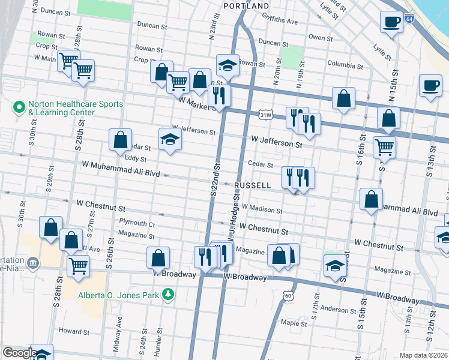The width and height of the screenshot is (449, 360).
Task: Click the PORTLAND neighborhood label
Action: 246,6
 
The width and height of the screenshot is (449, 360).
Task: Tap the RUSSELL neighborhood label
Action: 253,185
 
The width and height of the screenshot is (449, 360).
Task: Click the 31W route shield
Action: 266,114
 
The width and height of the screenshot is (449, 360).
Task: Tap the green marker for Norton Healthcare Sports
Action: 19,108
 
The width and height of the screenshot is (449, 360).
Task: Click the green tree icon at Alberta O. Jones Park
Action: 170,293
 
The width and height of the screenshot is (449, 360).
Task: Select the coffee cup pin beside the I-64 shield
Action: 391,22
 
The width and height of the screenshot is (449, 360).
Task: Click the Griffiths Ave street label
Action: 282,21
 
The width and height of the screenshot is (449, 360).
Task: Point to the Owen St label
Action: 321,38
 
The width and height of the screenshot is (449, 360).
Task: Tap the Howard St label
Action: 74,331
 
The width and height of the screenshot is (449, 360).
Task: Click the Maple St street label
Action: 294,323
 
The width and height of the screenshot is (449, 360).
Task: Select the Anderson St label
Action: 339,310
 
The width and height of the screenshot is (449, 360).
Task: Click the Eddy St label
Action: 135,158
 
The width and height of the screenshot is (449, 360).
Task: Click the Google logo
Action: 19,353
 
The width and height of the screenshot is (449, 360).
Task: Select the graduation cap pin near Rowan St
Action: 228,64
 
